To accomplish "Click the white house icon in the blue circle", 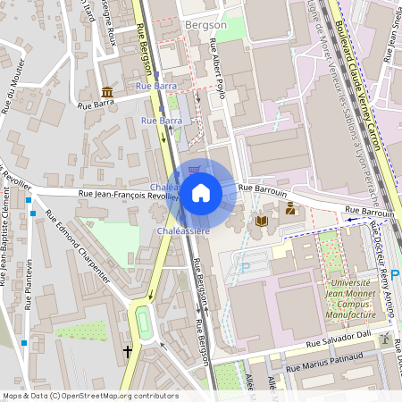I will [x=200, y=193].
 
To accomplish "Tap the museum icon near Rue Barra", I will [x=107, y=93].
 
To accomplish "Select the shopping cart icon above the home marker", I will [x=195, y=170].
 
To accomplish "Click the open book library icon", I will [x=262, y=220].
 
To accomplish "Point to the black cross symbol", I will [x=128, y=352].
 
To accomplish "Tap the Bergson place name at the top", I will [x=205, y=26].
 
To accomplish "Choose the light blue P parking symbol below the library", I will [x=246, y=267].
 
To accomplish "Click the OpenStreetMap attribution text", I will [x=90, y=396].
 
